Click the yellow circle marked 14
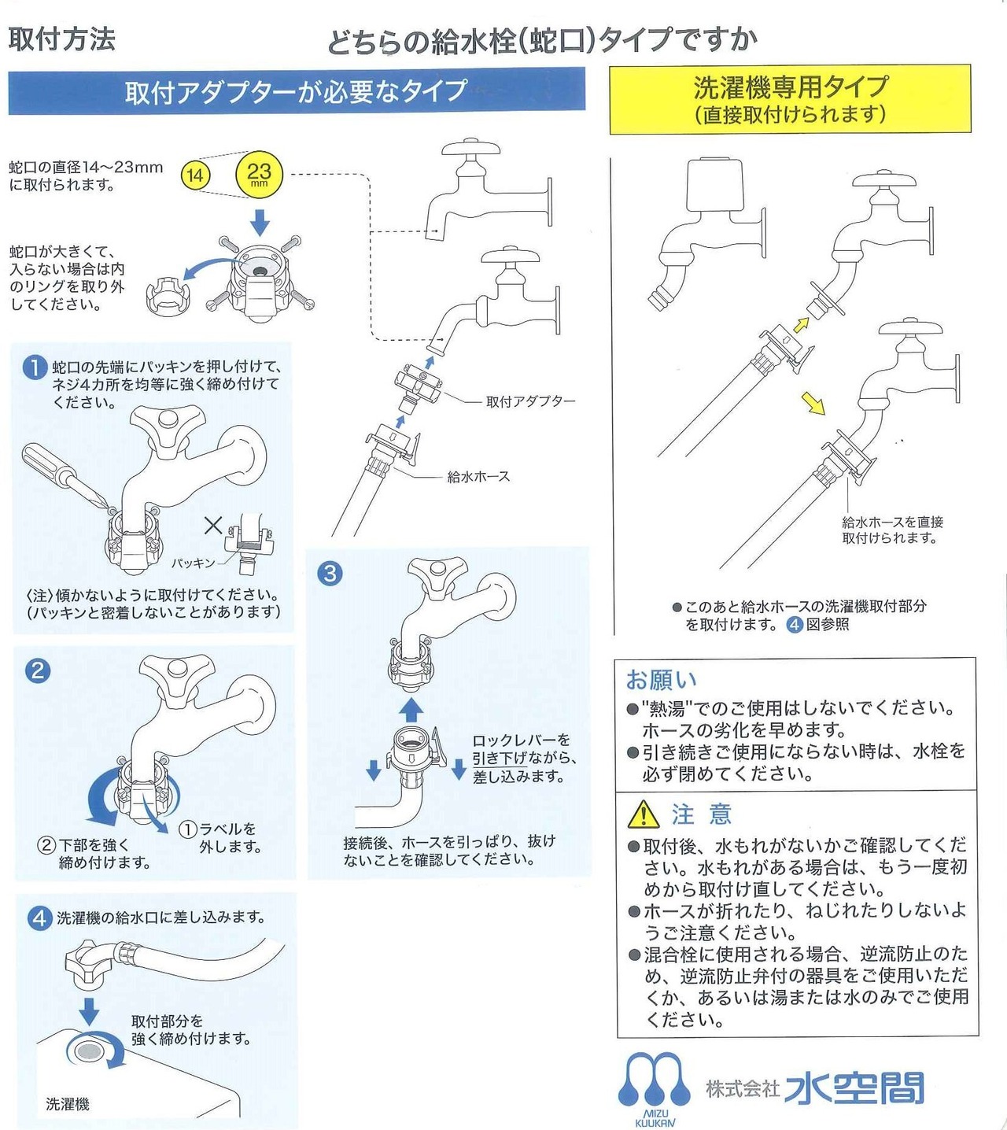point(194,175)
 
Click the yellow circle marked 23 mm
point(259,174)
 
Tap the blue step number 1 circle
point(35,367)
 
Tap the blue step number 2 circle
point(38,670)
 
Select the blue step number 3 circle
point(330,573)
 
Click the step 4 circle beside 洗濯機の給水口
point(39,918)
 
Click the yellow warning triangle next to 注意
point(644,814)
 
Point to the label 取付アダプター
point(530,401)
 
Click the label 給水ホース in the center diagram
point(478,476)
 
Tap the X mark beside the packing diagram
point(213,525)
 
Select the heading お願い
point(661,679)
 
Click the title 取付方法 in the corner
point(62,39)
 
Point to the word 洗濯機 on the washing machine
point(68,1104)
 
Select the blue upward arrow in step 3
point(410,710)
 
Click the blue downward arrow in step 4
point(90,1010)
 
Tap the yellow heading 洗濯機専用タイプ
point(790,87)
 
